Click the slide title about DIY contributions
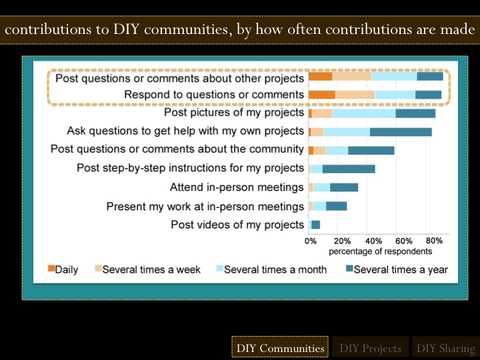pyautogui.click(x=240, y=31)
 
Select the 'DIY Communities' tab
pyautogui.click(x=280, y=348)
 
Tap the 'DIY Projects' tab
pyautogui.click(x=370, y=348)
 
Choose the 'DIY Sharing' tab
pyautogui.click(x=445, y=348)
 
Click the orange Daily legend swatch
pyautogui.click(x=51, y=269)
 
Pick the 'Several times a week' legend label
pyautogui.click(x=153, y=269)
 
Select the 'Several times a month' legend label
pyautogui.click(x=275, y=269)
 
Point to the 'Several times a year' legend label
pyautogui.click(x=401, y=269)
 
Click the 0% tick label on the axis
pyautogui.click(x=311, y=241)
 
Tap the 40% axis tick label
pyautogui.click(x=373, y=241)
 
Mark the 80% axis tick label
pyautogui.click(x=434, y=241)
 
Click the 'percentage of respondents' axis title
pyautogui.click(x=381, y=251)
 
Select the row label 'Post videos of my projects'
pyautogui.click(x=237, y=225)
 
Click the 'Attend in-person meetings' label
pyautogui.click(x=237, y=187)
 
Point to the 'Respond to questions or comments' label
pyautogui.click(x=214, y=95)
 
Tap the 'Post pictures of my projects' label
pyautogui.click(x=234, y=113)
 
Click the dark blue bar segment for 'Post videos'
pyautogui.click(x=316, y=225)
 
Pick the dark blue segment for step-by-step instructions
pyautogui.click(x=349, y=169)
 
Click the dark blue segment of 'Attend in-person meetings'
pyautogui.click(x=344, y=187)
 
